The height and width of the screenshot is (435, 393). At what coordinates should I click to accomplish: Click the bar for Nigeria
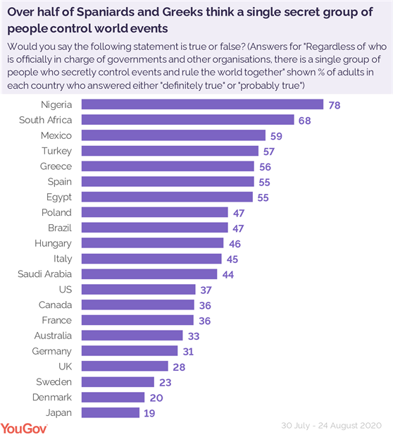pyautogui.click(x=202, y=104)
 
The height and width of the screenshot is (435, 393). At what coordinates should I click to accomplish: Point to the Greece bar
pyautogui.click(x=168, y=166)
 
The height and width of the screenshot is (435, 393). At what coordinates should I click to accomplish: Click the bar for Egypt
pyautogui.click(x=167, y=197)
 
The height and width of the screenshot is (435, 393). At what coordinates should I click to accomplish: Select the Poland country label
pyautogui.click(x=56, y=212)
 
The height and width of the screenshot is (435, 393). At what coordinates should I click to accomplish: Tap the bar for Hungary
pyautogui.click(x=152, y=243)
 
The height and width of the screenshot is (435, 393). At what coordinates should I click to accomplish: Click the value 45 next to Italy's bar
pyautogui.click(x=232, y=259)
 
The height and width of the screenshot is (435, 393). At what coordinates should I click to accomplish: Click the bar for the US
pyautogui.click(x=138, y=289)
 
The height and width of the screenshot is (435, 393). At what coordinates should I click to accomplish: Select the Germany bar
pyautogui.click(x=130, y=350)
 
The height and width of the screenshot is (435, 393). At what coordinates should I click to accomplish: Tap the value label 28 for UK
pyautogui.click(x=180, y=366)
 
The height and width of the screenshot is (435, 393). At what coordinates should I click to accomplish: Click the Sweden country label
pyautogui.click(x=54, y=381)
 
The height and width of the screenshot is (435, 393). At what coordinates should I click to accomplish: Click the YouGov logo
pyautogui.click(x=24, y=427)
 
